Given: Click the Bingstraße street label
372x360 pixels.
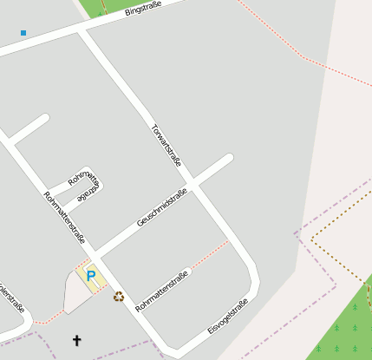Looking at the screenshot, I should (144, 8).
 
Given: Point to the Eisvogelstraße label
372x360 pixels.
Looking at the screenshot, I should (228, 317).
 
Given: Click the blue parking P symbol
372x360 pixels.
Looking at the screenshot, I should (90, 276).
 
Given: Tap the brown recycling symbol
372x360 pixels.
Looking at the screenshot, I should (119, 297).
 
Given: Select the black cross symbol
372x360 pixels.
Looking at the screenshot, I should (76, 341).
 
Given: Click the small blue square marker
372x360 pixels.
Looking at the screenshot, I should (23, 33).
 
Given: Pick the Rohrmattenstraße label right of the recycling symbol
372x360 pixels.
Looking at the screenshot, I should (162, 291).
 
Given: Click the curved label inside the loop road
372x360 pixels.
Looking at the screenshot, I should (85, 186).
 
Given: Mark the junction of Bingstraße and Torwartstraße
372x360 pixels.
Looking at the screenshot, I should (81, 30).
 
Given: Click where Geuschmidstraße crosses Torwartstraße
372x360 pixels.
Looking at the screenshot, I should (193, 186).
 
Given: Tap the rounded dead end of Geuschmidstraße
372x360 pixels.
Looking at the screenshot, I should (229, 159).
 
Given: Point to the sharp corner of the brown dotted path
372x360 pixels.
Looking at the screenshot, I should (312, 235).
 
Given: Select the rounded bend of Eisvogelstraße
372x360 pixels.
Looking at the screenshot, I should (253, 282).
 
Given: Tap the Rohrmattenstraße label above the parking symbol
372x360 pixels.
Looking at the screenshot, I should (64, 219).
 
